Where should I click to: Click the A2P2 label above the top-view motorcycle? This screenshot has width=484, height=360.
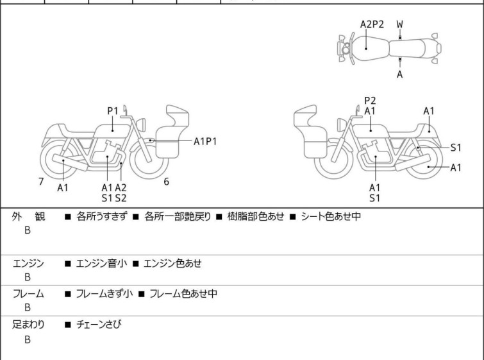tap(372, 24)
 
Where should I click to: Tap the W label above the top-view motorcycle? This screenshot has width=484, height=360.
tap(399, 24)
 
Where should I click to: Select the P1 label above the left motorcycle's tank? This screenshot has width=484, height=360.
tap(113, 110)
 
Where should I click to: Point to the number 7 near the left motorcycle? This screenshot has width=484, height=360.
tap(41, 182)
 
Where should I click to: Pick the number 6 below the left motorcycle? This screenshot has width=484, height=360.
tap(166, 182)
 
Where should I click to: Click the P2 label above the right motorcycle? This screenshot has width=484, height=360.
tap(370, 100)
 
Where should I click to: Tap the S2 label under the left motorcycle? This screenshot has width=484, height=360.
tap(121, 198)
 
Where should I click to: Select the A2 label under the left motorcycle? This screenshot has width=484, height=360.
tap(121, 187)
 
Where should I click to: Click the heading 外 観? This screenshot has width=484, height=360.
tap(29, 217)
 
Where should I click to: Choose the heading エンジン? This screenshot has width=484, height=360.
tap(29, 263)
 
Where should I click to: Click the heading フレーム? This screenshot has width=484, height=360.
tap(29, 294)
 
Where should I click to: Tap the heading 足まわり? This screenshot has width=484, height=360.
tap(29, 325)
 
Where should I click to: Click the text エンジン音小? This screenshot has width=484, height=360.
tap(97, 263)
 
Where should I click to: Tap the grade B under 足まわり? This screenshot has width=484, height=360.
tap(28, 339)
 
